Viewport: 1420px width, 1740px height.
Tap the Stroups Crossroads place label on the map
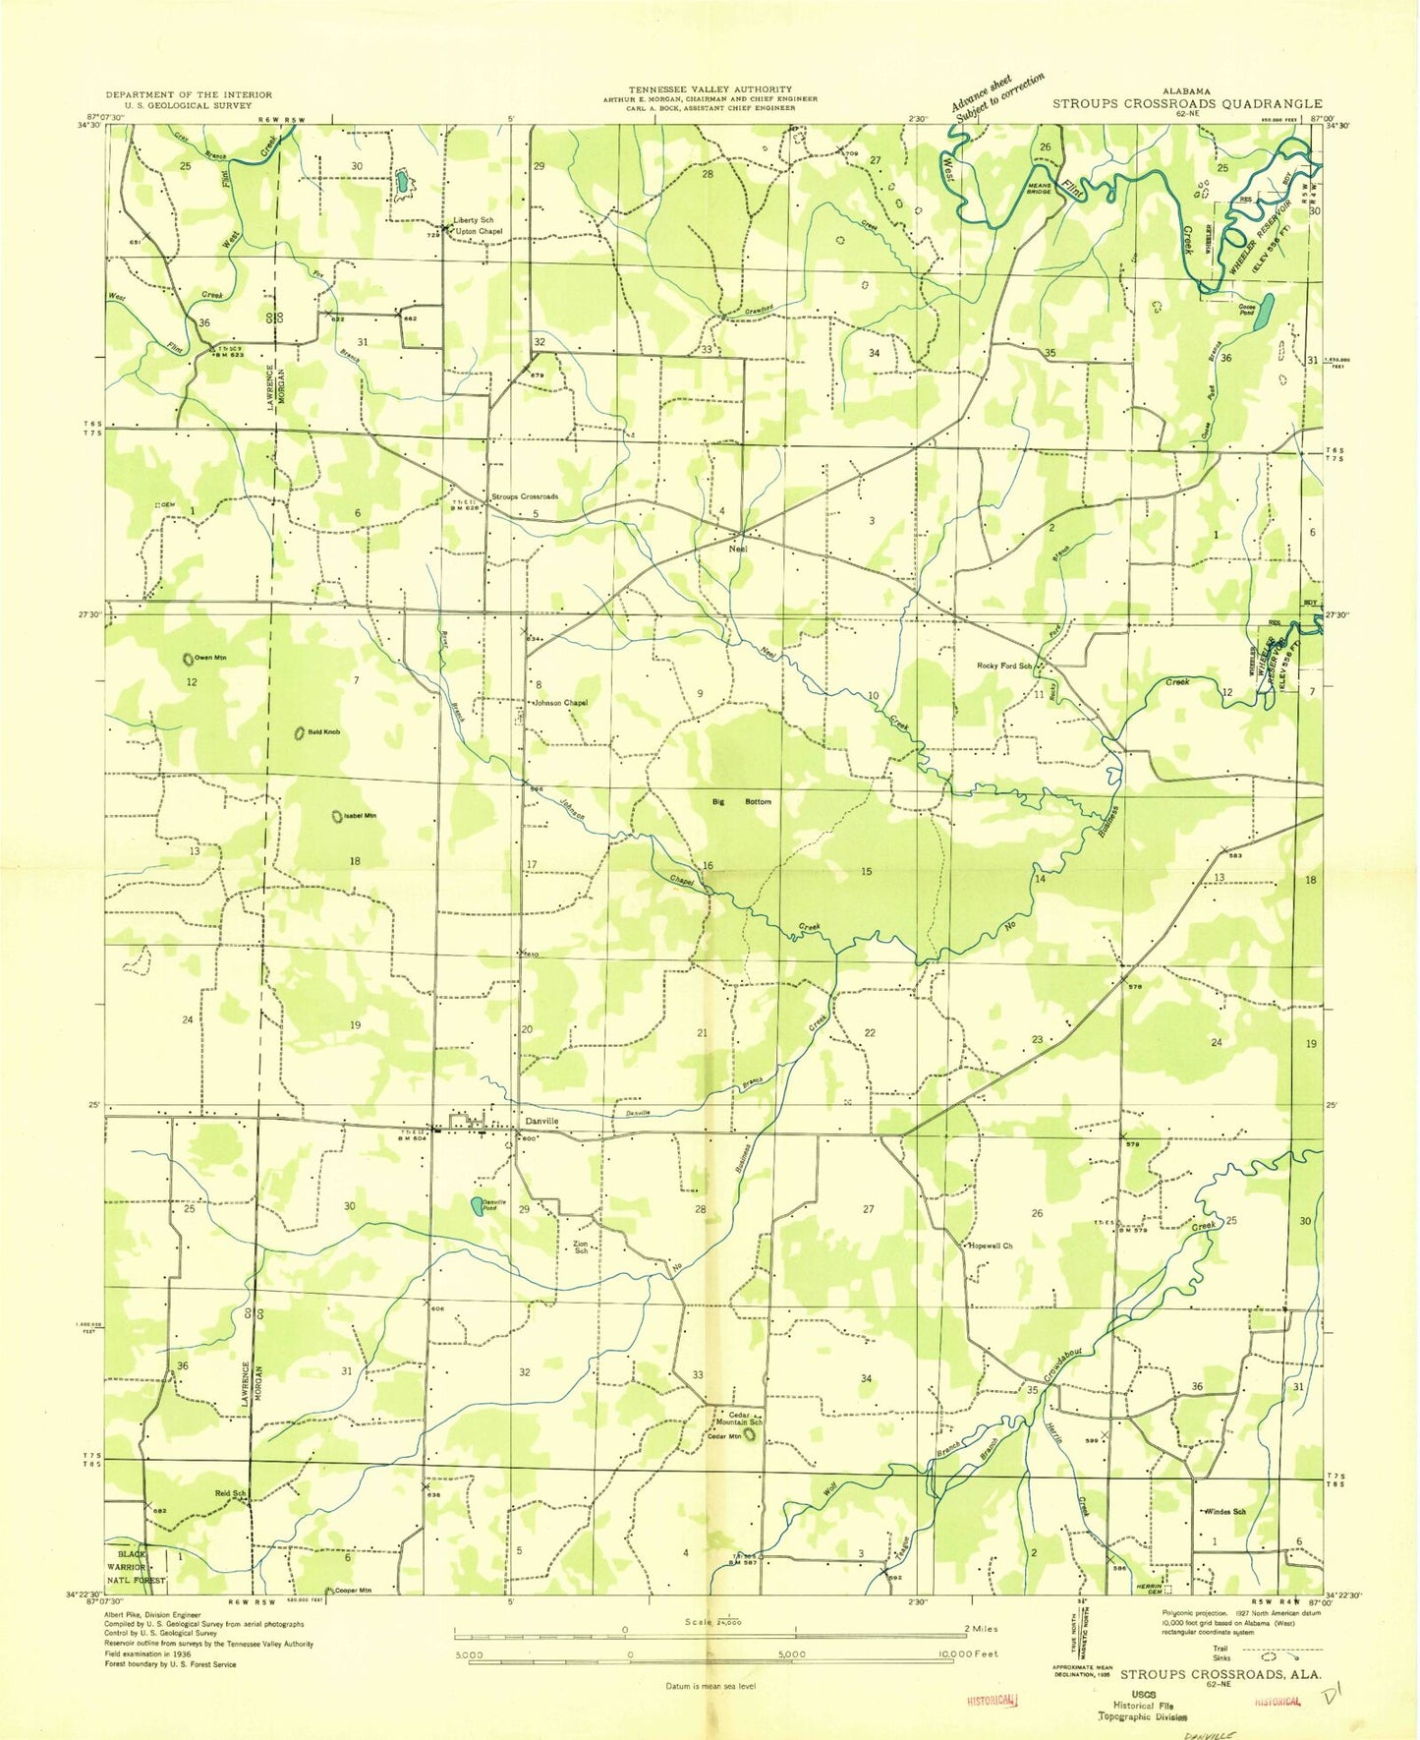[525, 496]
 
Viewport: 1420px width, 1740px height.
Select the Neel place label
[738, 549]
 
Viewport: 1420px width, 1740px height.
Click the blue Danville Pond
[476, 1205]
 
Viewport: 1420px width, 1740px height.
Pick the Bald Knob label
[324, 731]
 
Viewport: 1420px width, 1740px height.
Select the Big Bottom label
[742, 802]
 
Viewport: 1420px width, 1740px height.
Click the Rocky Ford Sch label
[1003, 666]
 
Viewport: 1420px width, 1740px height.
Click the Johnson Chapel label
[560, 703]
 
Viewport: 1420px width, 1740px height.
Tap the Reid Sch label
[230, 1493]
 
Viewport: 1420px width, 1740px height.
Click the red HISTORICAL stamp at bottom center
[992, 1698]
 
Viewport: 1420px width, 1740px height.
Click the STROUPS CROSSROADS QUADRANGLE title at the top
[1187, 103]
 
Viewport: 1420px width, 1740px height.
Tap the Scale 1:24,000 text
[715, 1622]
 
